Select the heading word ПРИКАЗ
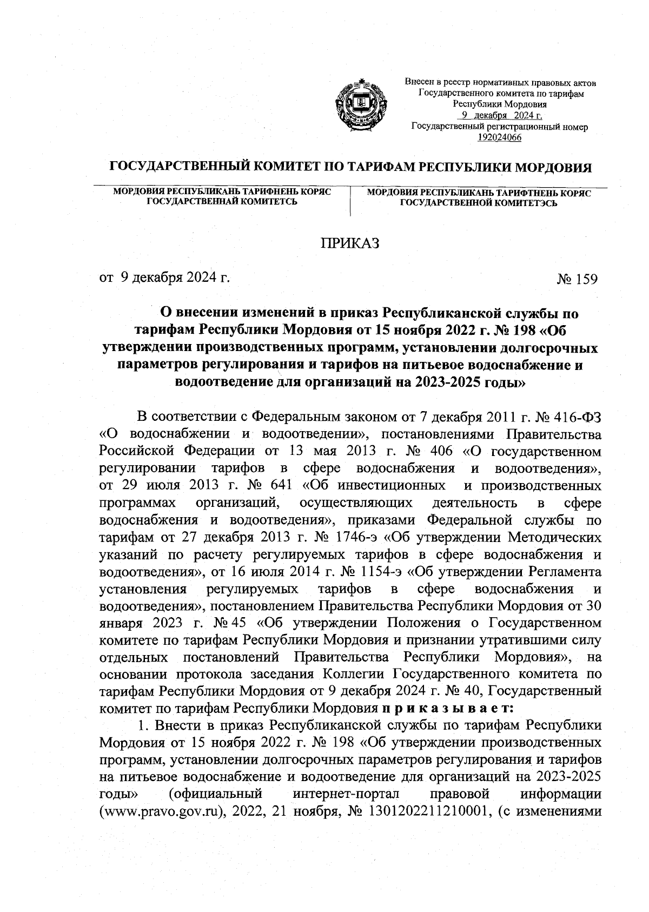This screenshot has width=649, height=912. (351, 243)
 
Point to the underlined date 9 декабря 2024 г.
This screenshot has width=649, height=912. (500, 116)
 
